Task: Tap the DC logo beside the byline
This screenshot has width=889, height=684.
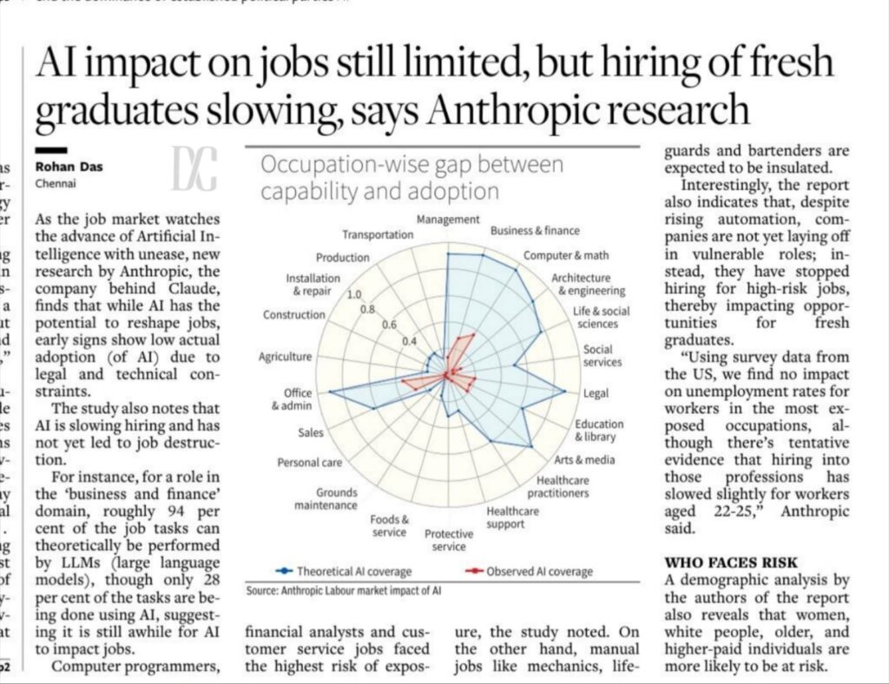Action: (x=193, y=168)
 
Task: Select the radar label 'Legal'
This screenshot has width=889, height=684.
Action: (x=596, y=393)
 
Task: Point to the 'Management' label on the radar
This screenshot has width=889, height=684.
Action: (x=447, y=220)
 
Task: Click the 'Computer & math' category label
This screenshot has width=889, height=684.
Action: (x=566, y=256)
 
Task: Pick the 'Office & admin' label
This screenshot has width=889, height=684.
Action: (x=292, y=399)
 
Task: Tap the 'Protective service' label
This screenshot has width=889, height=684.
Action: (x=449, y=540)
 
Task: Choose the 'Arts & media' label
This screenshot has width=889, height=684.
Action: (x=584, y=459)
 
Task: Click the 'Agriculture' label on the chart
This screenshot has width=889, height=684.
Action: (x=285, y=357)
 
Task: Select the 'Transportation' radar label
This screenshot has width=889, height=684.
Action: (x=377, y=234)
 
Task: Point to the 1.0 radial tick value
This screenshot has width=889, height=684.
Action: (x=353, y=294)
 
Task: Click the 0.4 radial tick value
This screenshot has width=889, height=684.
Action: (x=409, y=340)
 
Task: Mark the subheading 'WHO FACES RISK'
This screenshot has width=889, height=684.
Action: (x=731, y=562)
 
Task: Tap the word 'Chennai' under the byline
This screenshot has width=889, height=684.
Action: (x=54, y=184)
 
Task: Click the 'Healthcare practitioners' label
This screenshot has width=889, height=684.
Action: (x=563, y=486)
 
